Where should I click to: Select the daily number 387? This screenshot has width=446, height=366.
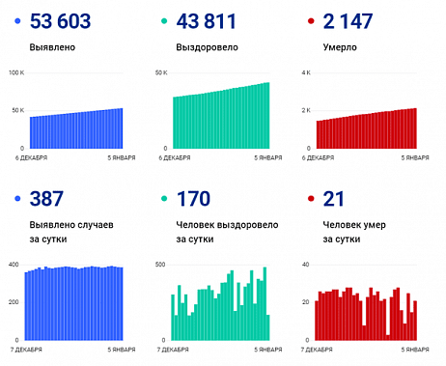click(x=49, y=199)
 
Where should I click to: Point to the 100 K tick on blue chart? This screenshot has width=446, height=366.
click(x=17, y=72)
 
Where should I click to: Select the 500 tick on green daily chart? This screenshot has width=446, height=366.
click(x=160, y=264)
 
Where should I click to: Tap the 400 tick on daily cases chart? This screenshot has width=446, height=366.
click(x=14, y=264)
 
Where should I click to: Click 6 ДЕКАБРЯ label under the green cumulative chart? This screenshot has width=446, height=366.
click(x=175, y=156)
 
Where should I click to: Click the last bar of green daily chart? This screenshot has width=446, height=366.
click(x=267, y=327)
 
